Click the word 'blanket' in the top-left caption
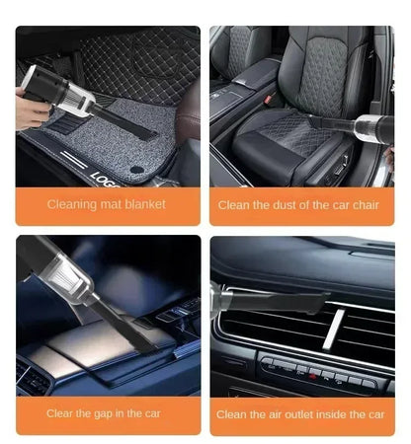coord(143,205)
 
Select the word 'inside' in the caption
coord(333,415)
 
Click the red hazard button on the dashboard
coord(314,374)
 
